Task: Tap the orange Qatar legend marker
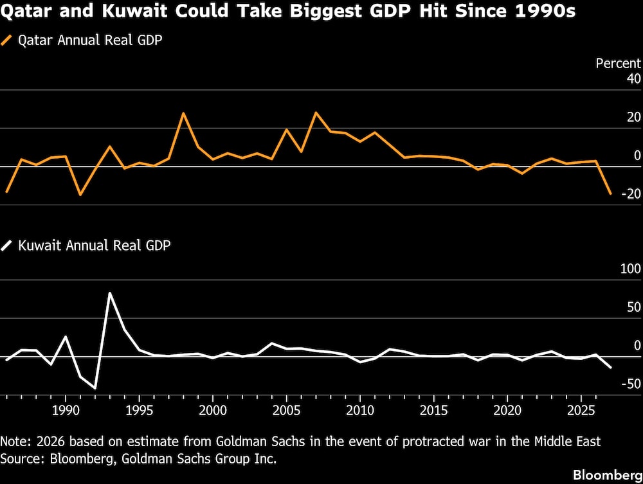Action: (8, 40)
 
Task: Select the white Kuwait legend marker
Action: (8, 246)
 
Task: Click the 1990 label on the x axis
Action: (65, 410)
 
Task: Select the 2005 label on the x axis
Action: (286, 410)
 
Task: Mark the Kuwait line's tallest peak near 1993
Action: (109, 293)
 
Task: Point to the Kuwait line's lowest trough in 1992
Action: (95, 388)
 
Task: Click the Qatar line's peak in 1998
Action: (183, 113)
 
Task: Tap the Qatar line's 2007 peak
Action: (316, 112)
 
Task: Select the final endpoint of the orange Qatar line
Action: (610, 193)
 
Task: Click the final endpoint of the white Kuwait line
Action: (610, 368)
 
